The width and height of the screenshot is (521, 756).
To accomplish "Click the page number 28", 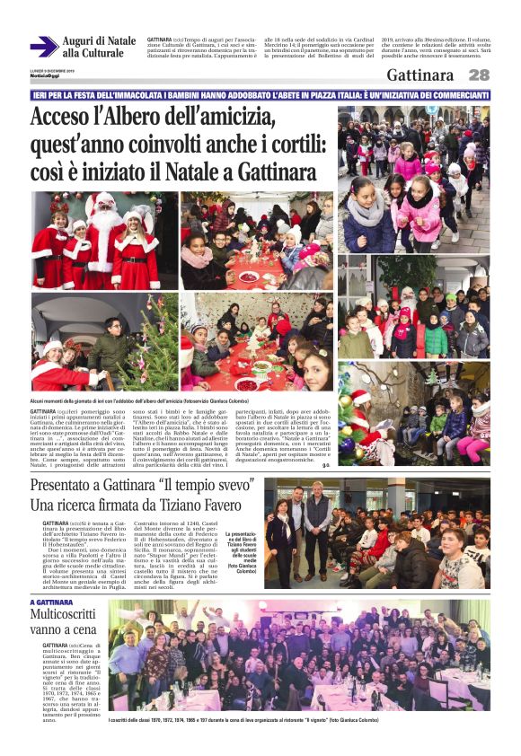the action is pyautogui.click(x=479, y=75).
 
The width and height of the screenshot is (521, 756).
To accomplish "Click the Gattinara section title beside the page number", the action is pyautogui.click(x=412, y=75).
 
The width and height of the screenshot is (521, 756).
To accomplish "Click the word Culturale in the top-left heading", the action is pyautogui.click(x=93, y=54).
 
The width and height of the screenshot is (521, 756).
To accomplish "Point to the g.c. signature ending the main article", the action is pyautogui.click(x=326, y=465).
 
